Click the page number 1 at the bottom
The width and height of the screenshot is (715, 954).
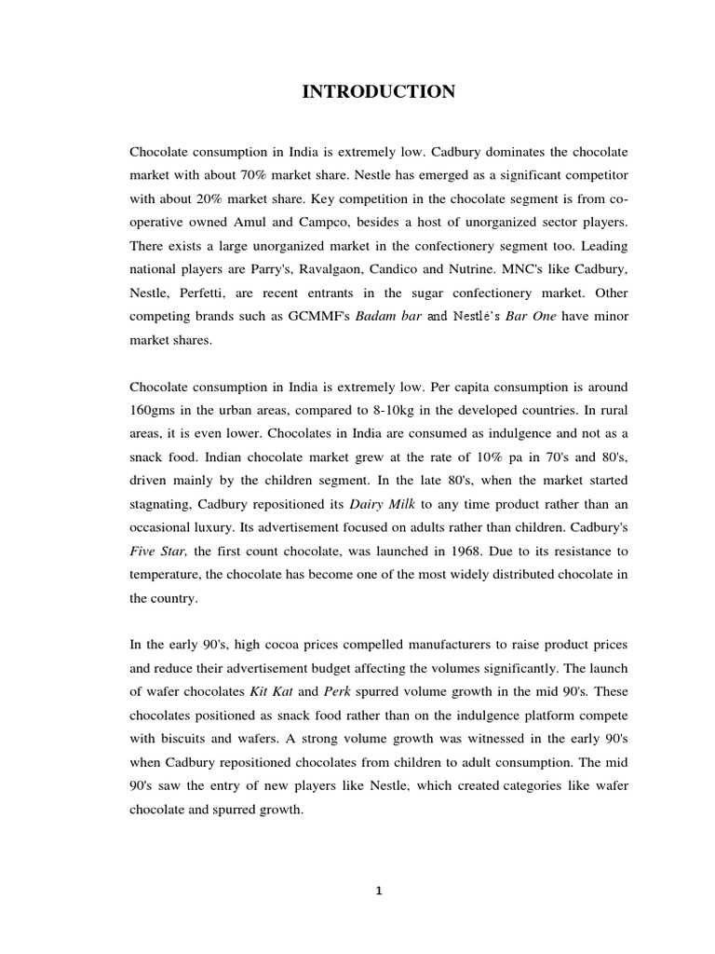379,891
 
